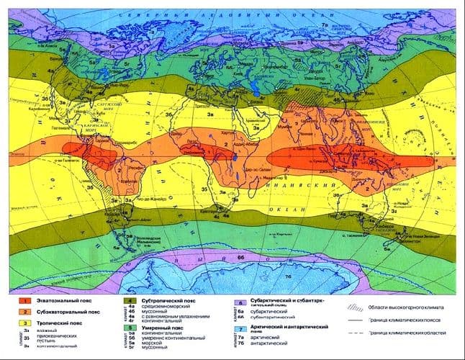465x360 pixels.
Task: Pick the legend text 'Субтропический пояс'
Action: pyautogui.click(x=161, y=299)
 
